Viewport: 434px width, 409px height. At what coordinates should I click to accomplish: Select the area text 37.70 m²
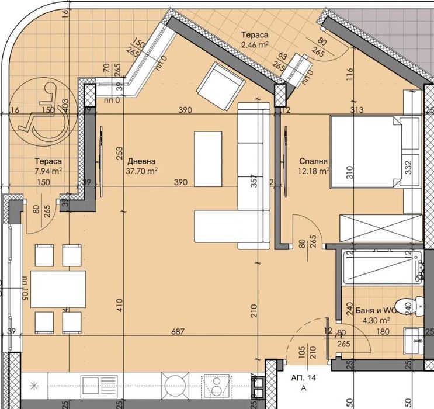(142, 171)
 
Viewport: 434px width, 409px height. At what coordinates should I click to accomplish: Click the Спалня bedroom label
(313, 161)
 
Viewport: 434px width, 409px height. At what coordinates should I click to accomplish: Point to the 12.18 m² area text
(314, 171)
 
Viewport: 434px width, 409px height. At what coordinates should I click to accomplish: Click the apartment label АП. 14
(304, 379)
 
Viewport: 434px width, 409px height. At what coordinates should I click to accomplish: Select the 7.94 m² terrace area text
(48, 170)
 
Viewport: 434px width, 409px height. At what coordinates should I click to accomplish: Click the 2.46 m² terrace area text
(255, 43)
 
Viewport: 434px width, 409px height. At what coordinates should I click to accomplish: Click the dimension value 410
(119, 304)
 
